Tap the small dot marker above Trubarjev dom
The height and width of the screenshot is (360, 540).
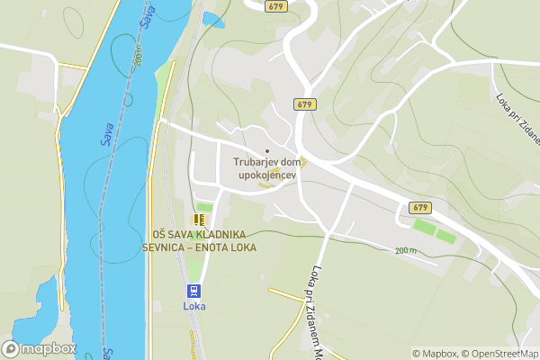point(266,150)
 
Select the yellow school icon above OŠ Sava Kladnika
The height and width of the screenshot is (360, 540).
point(198,219)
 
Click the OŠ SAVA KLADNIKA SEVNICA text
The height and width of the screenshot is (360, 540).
point(203,241)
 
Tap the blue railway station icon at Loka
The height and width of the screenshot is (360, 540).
point(193,290)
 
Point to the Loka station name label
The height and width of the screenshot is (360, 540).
point(194,306)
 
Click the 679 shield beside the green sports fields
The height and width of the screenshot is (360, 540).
point(420,207)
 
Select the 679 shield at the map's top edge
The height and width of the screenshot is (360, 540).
point(277,5)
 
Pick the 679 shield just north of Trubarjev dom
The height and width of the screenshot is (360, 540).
point(304,104)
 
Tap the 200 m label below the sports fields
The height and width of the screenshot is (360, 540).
point(406,250)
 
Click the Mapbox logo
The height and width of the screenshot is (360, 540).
point(40,348)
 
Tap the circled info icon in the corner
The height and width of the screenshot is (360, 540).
point(533,354)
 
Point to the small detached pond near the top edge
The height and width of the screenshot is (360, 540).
point(213,19)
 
